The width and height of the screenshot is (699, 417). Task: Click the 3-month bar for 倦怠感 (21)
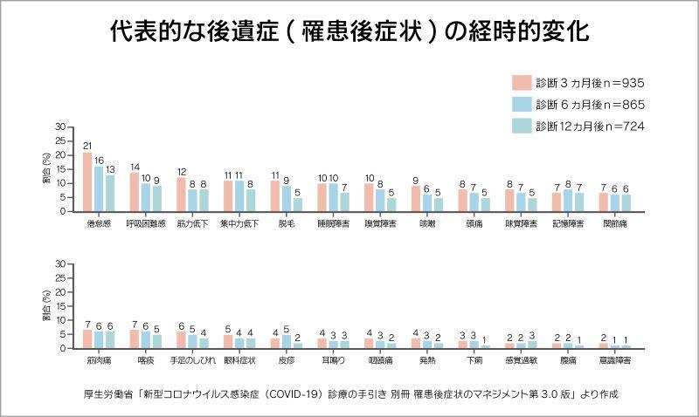point(87,181)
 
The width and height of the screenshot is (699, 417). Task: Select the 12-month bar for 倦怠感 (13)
point(110,193)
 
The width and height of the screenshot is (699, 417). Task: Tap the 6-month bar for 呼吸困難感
point(146,197)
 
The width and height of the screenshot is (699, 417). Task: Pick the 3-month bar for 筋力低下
point(182,195)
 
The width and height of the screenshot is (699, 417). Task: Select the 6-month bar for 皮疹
point(287,341)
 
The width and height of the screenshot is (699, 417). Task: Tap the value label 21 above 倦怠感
point(87,145)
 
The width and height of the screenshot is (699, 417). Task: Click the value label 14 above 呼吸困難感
point(135,167)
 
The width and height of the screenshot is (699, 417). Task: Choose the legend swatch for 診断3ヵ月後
point(521,83)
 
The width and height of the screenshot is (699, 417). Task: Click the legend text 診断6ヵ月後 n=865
point(591,105)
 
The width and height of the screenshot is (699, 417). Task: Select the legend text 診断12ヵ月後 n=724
point(591,126)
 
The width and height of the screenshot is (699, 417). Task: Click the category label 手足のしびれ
point(192,359)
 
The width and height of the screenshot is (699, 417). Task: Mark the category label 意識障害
point(615,359)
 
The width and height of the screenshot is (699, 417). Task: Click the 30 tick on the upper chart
point(60,127)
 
